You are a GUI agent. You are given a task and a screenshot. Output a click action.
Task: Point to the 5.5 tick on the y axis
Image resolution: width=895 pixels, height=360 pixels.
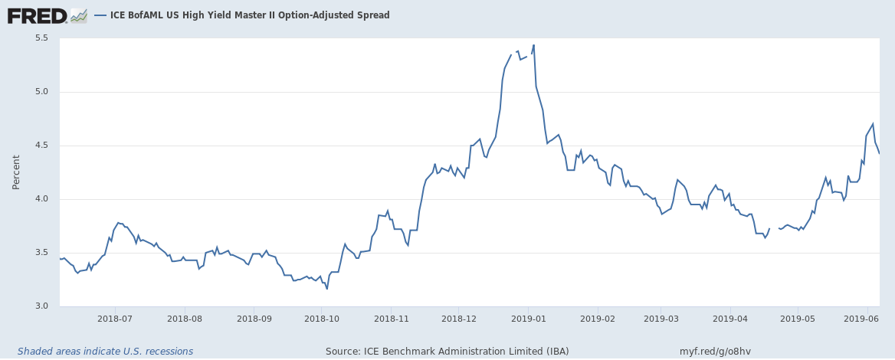click(x=41, y=38)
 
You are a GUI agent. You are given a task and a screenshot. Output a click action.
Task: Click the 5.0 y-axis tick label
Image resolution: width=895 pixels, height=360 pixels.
click(x=41, y=92)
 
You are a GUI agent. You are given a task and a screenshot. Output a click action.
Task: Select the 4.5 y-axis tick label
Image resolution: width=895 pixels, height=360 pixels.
click(x=41, y=146)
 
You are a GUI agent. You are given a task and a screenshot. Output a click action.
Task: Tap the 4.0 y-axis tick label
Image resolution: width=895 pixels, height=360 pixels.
click(x=41, y=199)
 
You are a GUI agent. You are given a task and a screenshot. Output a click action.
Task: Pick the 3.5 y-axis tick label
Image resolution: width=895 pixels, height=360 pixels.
click(x=41, y=253)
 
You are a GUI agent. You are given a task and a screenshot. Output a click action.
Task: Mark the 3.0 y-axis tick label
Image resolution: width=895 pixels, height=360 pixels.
click(x=41, y=306)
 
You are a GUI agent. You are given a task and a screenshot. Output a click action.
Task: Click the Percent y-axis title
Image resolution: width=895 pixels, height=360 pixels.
click(x=16, y=172)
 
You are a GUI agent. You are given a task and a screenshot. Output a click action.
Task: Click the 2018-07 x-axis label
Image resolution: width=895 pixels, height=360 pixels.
click(x=116, y=318)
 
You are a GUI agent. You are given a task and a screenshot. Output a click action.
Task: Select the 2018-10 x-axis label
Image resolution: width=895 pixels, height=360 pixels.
click(x=324, y=318)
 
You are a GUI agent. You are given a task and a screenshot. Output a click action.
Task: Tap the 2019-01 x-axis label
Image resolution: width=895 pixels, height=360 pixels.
click(x=529, y=318)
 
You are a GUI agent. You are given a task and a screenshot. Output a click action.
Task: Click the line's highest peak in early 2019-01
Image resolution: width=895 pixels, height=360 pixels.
click(x=533, y=45)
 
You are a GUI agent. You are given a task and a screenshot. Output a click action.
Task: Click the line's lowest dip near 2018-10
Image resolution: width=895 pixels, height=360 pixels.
click(x=327, y=289)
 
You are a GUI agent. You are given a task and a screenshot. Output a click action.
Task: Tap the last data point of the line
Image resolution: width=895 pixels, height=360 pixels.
click(x=879, y=154)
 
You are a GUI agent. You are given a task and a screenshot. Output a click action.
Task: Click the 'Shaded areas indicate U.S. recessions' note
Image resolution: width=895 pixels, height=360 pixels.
click(x=106, y=352)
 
